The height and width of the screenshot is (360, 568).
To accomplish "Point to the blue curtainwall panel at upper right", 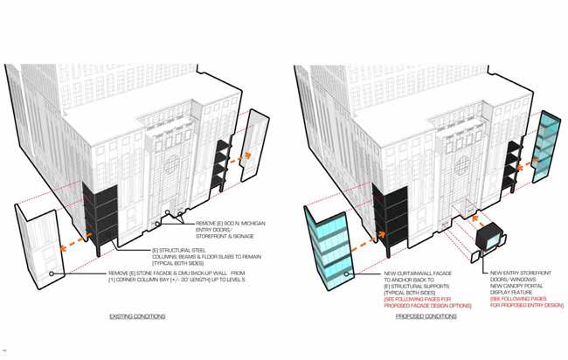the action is point(547,147).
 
